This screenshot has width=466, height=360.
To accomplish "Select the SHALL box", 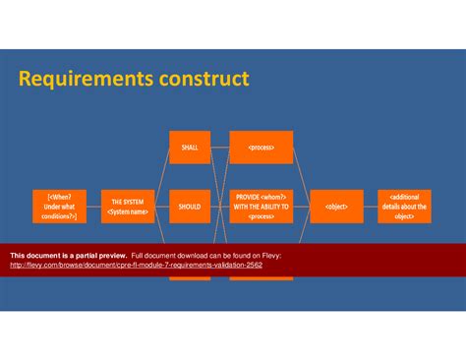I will [189, 148].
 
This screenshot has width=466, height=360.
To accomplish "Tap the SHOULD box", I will [189, 207].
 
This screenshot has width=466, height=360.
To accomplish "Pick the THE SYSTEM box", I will [128, 207].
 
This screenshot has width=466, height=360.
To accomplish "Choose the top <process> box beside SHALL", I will [262, 148].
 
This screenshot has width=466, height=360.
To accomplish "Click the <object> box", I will [336, 207].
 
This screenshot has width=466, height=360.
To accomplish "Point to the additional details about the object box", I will [404, 207].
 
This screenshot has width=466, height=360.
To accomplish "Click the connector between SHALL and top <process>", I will [219, 148].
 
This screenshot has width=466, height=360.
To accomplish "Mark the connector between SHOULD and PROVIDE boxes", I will [219, 207].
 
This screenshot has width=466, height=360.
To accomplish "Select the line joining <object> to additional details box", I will [370, 207].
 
